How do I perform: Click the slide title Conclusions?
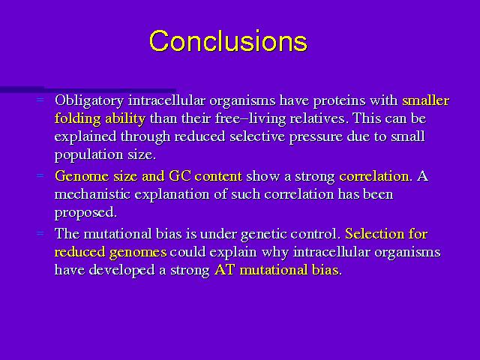pyautogui.click(x=228, y=41)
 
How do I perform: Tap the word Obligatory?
pyautogui.click(x=89, y=101)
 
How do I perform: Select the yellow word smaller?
pyautogui.click(x=425, y=100)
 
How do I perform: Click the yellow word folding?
pyautogui.click(x=77, y=118)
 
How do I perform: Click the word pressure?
pyautogui.click(x=316, y=137)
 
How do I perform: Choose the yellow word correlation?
pyautogui.click(x=374, y=176)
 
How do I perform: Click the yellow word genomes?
pyautogui.click(x=138, y=253)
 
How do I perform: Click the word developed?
pyautogui.click(x=121, y=270)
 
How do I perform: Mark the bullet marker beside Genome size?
pyautogui.click(x=40, y=175)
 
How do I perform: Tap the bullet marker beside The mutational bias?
pyautogui.click(x=40, y=233)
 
